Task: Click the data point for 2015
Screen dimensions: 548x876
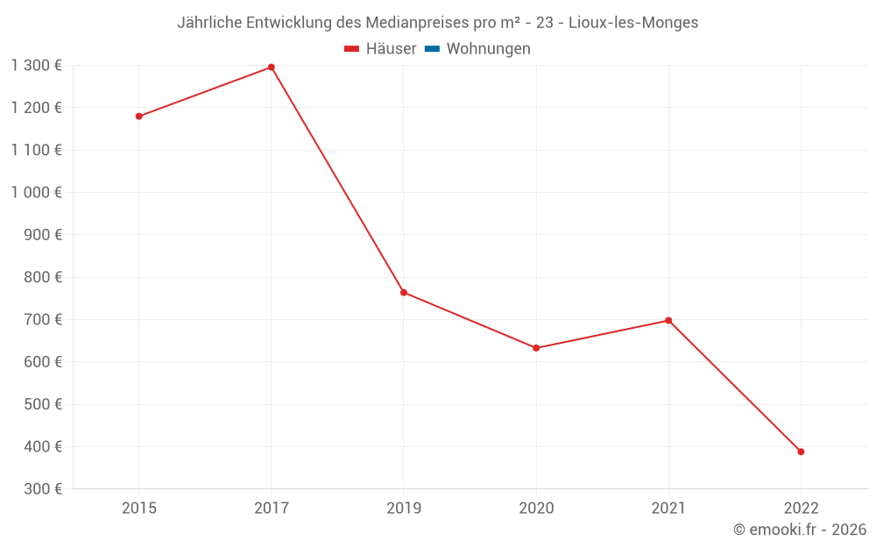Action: [138, 116]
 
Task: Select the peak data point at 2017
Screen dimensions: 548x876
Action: [272, 67]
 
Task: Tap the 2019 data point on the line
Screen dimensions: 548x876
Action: [404, 292]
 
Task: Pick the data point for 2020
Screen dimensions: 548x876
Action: [536, 348]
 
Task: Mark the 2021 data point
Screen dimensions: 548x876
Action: [668, 320]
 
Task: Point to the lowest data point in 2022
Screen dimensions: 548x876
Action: [801, 452]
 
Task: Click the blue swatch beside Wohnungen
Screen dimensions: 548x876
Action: [432, 49]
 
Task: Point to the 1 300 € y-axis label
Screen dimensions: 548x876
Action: [36, 65]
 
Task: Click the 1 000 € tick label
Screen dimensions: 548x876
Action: [36, 192]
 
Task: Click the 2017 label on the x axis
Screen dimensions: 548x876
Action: [272, 508]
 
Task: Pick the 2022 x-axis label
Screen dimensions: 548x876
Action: [801, 508]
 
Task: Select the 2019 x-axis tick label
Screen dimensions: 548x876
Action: [404, 508]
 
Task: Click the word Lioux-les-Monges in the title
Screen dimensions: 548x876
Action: [633, 23]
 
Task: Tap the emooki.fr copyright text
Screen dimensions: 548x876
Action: [800, 530]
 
